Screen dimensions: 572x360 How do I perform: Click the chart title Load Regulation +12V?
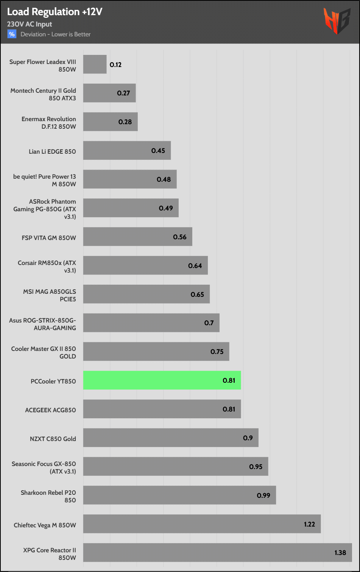point(55,12)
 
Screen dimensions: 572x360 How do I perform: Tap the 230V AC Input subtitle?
point(30,24)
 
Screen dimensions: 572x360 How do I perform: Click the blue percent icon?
point(12,34)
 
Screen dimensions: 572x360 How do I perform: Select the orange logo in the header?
point(336,21)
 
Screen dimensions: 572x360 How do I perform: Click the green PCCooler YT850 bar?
point(162,380)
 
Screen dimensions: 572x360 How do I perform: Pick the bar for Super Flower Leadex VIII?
point(95,64)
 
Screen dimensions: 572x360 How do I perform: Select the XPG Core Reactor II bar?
point(217,552)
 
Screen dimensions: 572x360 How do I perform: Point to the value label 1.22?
point(309,524)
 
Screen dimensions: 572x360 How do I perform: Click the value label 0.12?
point(115,65)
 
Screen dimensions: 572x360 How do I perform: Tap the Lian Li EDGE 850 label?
point(52,151)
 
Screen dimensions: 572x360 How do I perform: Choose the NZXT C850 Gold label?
point(53,439)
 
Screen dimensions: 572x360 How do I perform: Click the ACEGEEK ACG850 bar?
point(162,409)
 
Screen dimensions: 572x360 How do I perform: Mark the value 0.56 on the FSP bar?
point(180,237)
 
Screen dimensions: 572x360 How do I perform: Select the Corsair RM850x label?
point(47,267)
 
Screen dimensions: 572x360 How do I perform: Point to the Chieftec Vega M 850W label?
point(45,525)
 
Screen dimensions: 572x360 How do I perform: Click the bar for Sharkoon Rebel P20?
point(179,495)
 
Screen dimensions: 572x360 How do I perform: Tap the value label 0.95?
point(256,467)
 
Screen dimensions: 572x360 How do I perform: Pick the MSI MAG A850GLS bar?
point(146,294)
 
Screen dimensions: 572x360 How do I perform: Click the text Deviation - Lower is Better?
point(56,34)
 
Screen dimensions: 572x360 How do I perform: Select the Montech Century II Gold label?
point(43,94)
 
